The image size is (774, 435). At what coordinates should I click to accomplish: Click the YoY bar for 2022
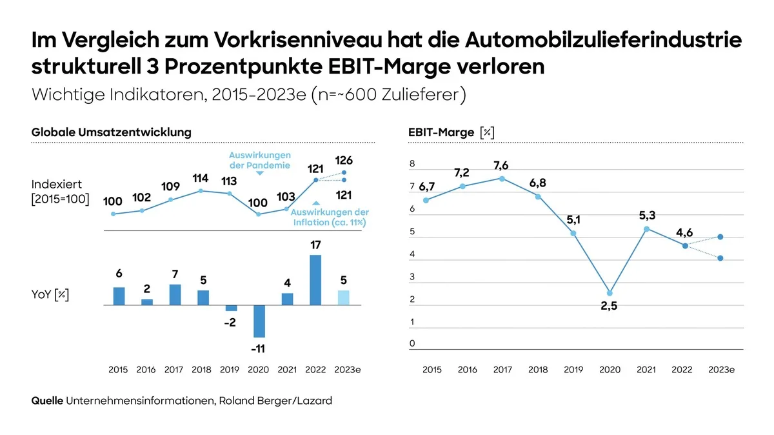[315, 280]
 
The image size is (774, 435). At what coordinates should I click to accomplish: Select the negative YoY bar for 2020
[259, 321]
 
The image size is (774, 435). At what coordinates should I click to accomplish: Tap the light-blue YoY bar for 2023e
[343, 298]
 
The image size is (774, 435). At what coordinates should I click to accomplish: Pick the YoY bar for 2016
[147, 302]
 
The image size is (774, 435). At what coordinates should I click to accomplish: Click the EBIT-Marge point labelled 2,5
[610, 293]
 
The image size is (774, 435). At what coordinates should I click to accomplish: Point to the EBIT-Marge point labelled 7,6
[502, 178]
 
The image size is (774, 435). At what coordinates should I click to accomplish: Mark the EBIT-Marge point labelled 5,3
[646, 228]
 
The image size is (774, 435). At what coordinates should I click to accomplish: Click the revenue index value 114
[201, 179]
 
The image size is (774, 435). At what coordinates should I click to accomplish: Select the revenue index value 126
[344, 161]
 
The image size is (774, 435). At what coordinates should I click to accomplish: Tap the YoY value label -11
[258, 349]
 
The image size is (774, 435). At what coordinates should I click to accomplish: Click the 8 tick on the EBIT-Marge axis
[412, 165]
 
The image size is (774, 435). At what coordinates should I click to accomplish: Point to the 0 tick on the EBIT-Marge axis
[412, 344]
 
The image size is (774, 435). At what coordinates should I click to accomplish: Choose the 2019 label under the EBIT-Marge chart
[574, 370]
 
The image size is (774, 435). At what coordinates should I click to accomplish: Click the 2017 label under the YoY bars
[174, 370]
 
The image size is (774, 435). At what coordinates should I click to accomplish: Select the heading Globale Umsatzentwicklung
[112, 132]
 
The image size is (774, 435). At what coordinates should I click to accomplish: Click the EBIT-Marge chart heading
[451, 132]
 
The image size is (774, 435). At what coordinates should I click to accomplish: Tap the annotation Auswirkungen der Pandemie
[260, 160]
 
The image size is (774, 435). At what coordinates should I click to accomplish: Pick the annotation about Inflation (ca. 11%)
[330, 217]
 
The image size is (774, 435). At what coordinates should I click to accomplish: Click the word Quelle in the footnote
[47, 401]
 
